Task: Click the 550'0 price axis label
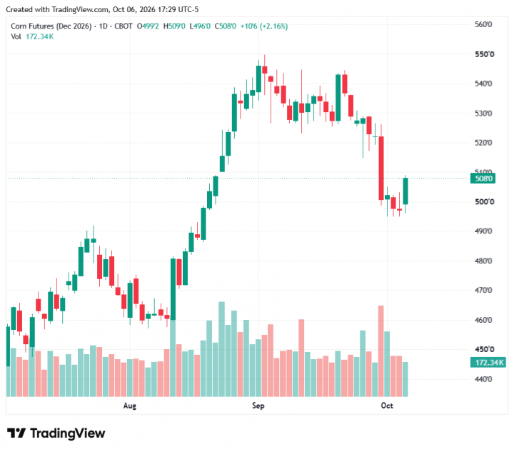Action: tap(484, 54)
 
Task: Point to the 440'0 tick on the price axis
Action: tap(483, 379)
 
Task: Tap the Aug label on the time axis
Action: tap(129, 406)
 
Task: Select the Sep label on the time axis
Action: tap(258, 406)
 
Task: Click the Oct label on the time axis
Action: tap(387, 406)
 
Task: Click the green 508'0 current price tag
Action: tap(483, 179)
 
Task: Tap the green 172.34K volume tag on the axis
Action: tap(488, 363)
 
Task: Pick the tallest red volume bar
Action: tap(381, 351)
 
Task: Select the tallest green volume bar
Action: tap(221, 349)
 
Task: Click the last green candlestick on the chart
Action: tap(405, 191)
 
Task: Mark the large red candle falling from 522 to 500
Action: tap(381, 168)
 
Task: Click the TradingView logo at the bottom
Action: tap(56, 433)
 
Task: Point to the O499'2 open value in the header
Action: tap(148, 26)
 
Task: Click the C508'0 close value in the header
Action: tap(225, 26)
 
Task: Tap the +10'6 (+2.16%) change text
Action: tap(264, 26)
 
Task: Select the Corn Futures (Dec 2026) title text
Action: tap(51, 26)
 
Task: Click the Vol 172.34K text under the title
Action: tap(32, 36)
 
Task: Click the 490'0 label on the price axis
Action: tap(483, 231)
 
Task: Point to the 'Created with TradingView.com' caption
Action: tap(58, 9)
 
